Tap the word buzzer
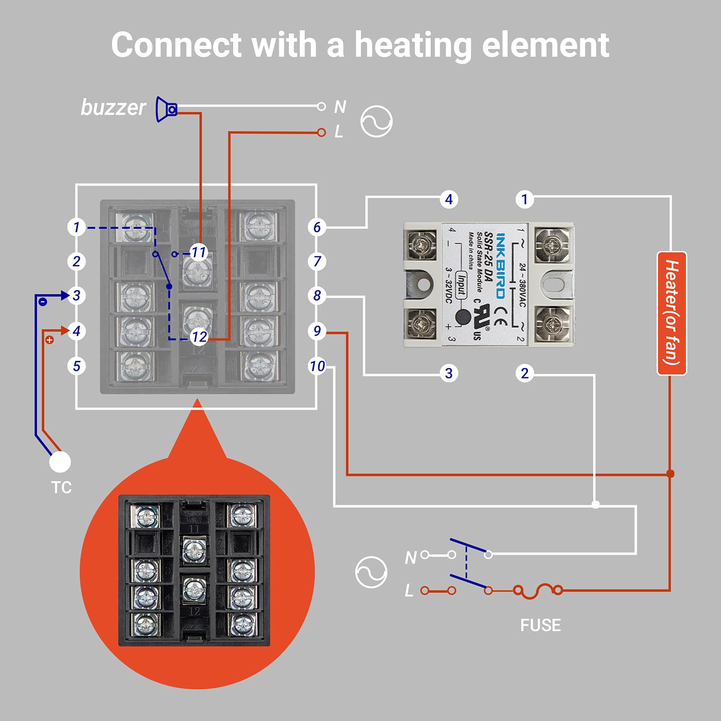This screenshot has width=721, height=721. (x=113, y=108)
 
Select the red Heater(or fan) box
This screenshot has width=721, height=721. (x=671, y=313)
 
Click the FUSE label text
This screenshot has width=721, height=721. (x=540, y=625)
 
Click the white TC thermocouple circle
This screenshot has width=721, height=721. (x=60, y=462)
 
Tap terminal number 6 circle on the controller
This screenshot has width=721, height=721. (x=317, y=227)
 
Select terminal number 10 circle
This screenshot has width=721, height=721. (x=317, y=366)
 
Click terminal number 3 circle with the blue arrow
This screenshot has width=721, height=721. (x=77, y=296)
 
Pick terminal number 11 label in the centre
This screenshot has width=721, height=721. (x=198, y=252)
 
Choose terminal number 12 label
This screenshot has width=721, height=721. (x=199, y=337)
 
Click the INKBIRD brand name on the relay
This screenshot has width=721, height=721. (x=500, y=266)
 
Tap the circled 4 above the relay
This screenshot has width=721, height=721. (x=449, y=199)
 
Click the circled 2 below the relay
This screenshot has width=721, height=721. (x=525, y=373)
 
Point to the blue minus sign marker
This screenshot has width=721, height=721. (x=42, y=302)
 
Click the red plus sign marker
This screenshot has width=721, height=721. (x=50, y=340)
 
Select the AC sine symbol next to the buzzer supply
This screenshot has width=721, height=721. (x=376, y=122)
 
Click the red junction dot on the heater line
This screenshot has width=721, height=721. (x=670, y=474)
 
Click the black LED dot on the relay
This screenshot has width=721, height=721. (x=463, y=317)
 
